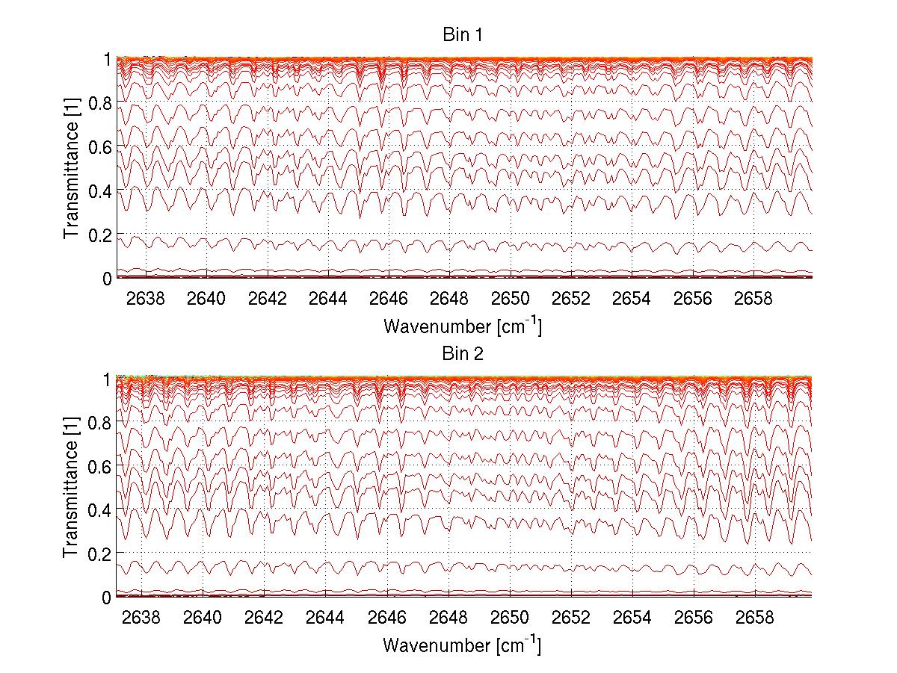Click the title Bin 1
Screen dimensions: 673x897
[x=462, y=34]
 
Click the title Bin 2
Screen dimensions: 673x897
[x=462, y=353]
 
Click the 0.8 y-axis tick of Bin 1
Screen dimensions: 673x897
[x=100, y=102]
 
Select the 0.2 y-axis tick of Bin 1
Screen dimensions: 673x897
[x=100, y=235]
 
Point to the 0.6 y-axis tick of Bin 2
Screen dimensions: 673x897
[x=100, y=465]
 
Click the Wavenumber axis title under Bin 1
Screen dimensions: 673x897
[x=462, y=326]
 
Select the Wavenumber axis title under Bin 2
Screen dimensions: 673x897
[x=462, y=645]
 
